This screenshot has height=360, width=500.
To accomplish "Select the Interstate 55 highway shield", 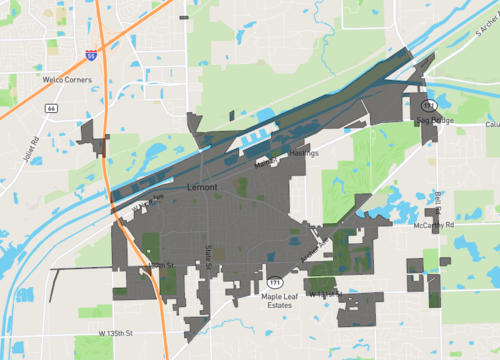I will click(x=92, y=56).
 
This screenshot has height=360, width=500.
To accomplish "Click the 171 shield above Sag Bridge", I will click(x=427, y=105).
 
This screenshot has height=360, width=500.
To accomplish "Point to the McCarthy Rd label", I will click(x=434, y=226).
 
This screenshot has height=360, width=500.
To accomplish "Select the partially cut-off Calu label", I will click(x=491, y=126).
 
